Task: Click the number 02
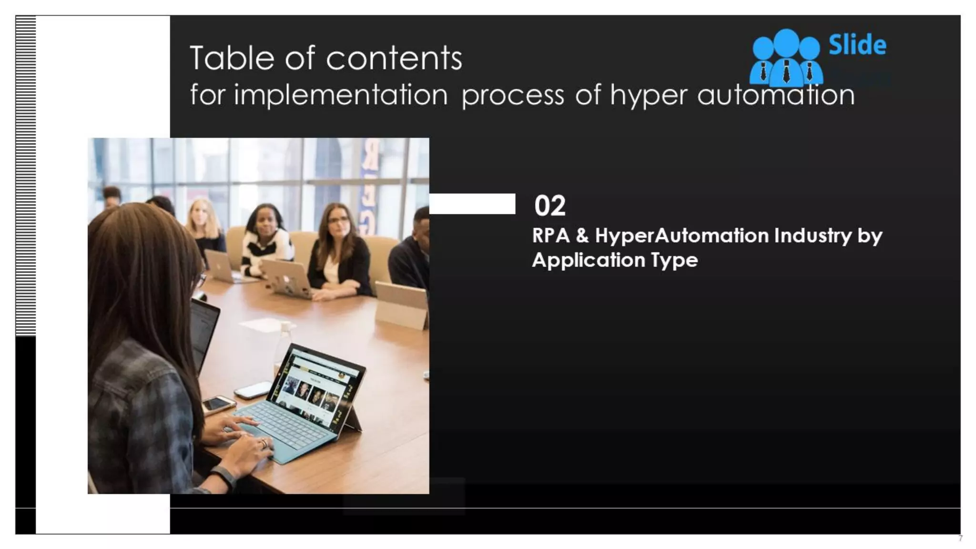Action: pos(549,206)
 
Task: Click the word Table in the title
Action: pos(232,58)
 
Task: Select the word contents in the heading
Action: pos(394,58)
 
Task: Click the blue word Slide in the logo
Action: pos(857,45)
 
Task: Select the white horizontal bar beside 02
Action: pos(472,203)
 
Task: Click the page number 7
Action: pos(960,539)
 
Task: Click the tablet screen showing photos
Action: pos(315,386)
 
